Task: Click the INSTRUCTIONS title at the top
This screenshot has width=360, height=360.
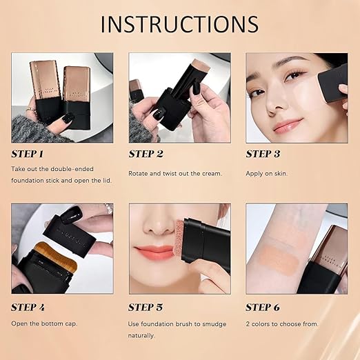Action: (179, 23)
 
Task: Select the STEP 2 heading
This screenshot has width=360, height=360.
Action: (146, 154)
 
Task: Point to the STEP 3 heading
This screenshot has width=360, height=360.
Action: (263, 154)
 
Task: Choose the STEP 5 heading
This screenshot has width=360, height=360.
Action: (146, 307)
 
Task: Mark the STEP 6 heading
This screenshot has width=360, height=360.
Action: (263, 307)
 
